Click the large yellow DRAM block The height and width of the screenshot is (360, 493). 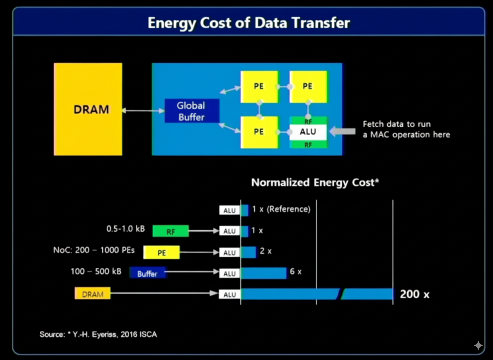click(88, 109)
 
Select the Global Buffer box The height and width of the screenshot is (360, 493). click(192, 111)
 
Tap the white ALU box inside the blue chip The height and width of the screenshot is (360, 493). click(308, 132)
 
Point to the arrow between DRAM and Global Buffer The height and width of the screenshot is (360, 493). click(143, 110)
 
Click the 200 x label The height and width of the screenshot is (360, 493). click(414, 294)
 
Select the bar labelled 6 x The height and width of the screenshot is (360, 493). click(264, 273)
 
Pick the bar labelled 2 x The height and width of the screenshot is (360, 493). click(249, 252)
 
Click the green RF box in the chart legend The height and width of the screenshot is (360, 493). click(171, 231)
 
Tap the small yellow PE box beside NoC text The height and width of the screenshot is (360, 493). click(162, 252)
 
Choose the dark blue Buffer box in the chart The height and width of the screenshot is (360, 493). click(147, 273)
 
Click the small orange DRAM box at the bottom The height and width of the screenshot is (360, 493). click(93, 293)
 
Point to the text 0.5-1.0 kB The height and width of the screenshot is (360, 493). click(126, 229)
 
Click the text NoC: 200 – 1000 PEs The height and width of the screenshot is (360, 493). click(94, 250)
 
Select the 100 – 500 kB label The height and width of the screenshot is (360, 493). click(96, 271)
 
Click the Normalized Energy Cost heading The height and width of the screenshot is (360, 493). click(315, 182)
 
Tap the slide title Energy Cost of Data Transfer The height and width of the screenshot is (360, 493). click(249, 23)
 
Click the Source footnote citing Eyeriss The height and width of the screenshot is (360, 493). click(98, 334)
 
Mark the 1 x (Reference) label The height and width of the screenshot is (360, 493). click(281, 209)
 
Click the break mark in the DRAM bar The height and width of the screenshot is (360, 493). click(341, 294)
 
